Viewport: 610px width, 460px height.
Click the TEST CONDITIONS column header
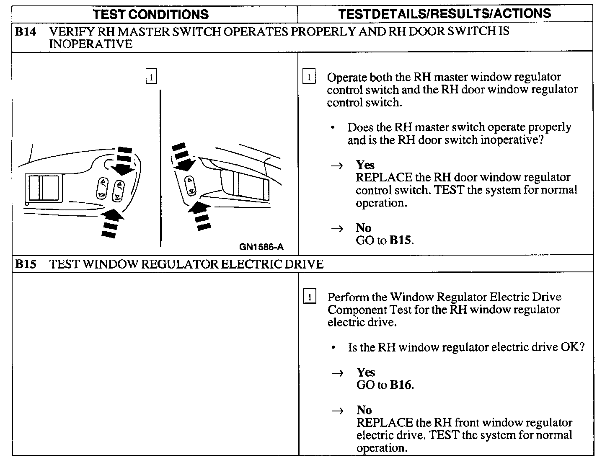point(151,14)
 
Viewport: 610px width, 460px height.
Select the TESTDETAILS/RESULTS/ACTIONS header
point(445,14)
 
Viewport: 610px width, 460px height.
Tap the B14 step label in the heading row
point(26,32)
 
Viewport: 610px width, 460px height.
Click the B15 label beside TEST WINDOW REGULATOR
point(26,264)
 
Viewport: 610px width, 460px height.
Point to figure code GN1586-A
point(261,247)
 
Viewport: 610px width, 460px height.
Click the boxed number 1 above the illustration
point(151,76)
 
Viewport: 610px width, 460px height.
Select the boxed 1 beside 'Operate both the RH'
point(309,77)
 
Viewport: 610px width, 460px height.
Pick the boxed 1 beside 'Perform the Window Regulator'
point(309,297)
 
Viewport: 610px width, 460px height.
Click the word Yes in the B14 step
point(365,165)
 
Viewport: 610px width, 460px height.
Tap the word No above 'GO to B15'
point(364,228)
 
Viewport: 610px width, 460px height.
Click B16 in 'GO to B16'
point(401,385)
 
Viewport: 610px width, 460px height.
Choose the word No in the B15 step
point(364,410)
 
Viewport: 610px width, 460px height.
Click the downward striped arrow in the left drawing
point(124,160)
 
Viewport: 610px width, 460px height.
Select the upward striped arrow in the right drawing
point(200,214)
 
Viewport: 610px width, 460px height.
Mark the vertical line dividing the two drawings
point(160,168)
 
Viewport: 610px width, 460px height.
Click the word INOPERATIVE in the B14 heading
point(90,44)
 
